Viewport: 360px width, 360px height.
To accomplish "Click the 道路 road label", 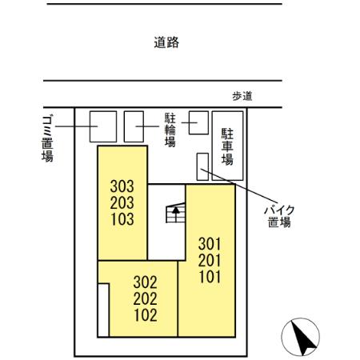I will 166,43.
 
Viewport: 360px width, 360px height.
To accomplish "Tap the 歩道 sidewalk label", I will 242,96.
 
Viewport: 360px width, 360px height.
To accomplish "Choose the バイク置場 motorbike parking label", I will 281,215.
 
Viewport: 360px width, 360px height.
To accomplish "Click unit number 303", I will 122,186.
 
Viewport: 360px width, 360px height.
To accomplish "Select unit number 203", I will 122,202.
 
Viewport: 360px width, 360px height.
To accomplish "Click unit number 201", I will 208,260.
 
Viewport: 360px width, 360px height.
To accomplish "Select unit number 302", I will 144,282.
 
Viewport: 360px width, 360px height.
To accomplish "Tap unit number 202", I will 144,298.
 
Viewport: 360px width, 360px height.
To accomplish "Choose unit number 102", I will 144,314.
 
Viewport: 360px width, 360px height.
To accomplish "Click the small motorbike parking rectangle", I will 201,166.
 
